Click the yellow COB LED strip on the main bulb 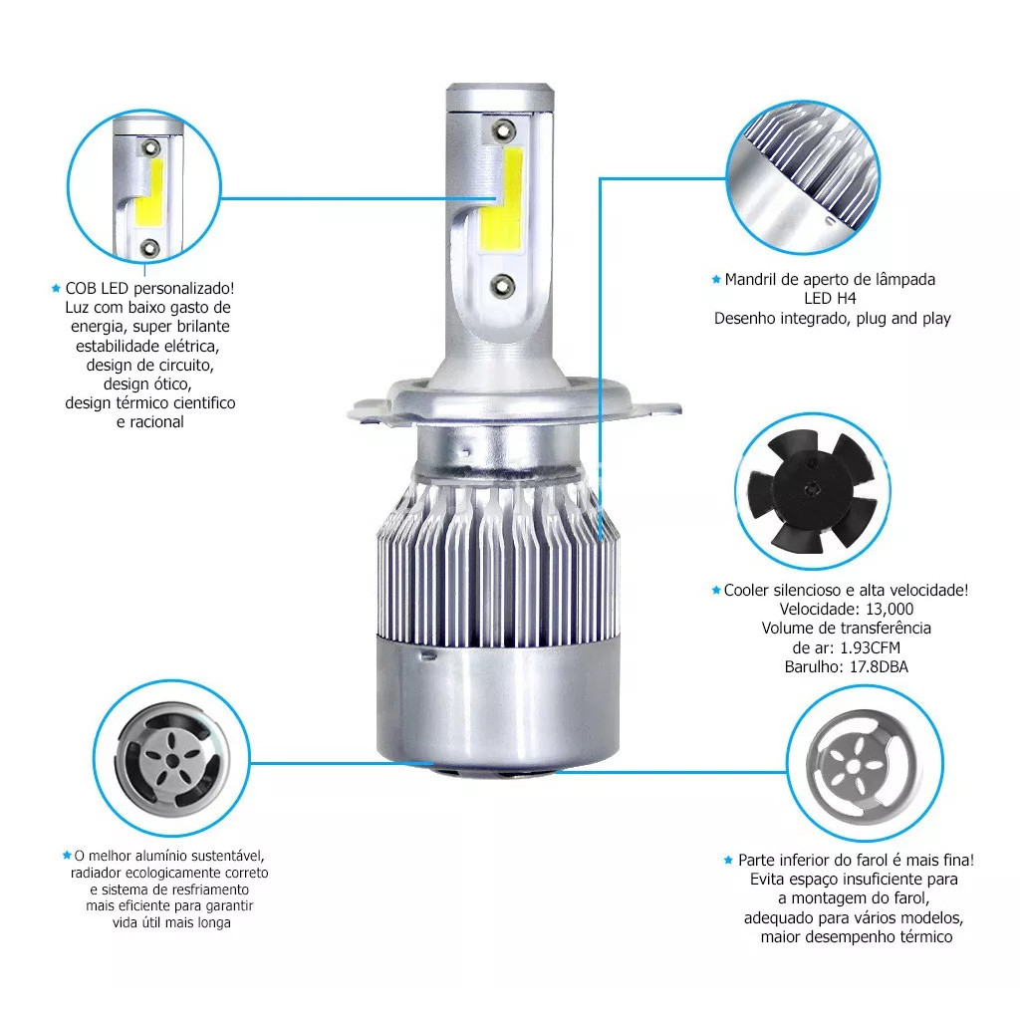pyautogui.click(x=502, y=198)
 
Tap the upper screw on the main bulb pyautogui.click(x=502, y=130)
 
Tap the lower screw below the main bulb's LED pyautogui.click(x=503, y=285)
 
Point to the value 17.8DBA pyautogui.click(x=879, y=666)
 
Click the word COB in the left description pyautogui.click(x=81, y=288)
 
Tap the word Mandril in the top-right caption pyautogui.click(x=751, y=280)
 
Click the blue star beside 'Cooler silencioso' pyautogui.click(x=716, y=590)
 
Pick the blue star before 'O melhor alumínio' pyautogui.click(x=67, y=855)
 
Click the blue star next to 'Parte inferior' pyautogui.click(x=728, y=860)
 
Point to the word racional pyautogui.click(x=156, y=422)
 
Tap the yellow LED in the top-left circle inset pyautogui.click(x=149, y=193)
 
